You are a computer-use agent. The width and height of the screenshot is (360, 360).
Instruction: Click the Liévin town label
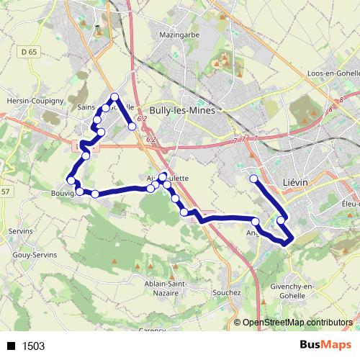click(295, 183)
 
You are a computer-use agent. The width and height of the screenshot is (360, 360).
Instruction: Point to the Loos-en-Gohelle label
click(330, 94)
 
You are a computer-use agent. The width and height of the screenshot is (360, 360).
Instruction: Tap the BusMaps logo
click(326, 345)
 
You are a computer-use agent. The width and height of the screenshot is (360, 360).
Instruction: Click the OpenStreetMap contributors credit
click(297, 323)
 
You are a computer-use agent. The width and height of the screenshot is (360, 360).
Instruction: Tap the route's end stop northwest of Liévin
click(253, 179)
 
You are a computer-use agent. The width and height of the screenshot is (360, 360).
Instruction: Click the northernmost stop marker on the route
click(114, 96)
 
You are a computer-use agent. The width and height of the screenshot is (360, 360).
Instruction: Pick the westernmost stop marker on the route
click(71, 180)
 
